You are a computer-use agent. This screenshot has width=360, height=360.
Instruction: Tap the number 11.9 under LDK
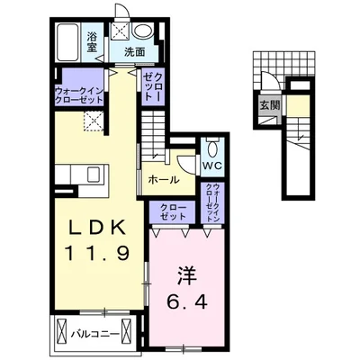tap(97, 254)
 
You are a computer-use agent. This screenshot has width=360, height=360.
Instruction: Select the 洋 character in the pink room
tap(186, 276)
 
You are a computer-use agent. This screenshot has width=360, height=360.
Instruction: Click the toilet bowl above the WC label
tap(212, 148)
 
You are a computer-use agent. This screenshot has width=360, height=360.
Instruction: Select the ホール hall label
tap(164, 180)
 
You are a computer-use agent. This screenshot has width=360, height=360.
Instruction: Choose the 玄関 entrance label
tap(269, 105)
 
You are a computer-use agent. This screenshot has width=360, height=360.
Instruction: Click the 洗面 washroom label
tap(135, 52)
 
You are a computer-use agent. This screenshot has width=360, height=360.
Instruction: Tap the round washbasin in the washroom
tap(143, 31)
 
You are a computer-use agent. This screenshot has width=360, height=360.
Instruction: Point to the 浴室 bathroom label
tap(92, 42)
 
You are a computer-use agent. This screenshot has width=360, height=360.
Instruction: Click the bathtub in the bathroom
tap(68, 42)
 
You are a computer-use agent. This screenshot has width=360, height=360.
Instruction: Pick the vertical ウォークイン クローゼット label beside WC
tap(212, 202)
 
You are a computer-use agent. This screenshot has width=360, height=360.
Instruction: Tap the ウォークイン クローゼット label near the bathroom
tap(79, 94)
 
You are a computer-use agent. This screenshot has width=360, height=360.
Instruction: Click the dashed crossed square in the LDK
tap(94, 121)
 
